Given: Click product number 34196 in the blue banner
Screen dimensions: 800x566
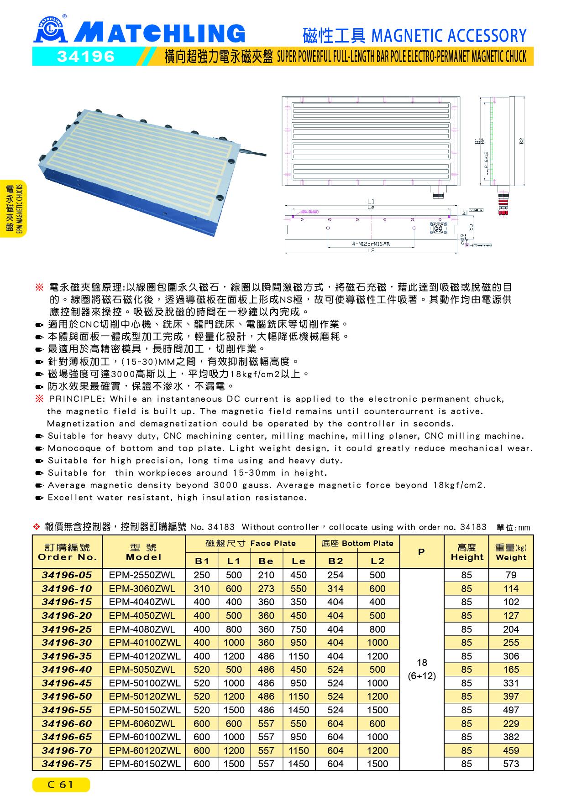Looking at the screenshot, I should [86, 57].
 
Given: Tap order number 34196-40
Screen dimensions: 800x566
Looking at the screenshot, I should [67, 670].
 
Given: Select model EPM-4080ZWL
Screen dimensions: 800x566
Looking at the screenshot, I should [142, 629].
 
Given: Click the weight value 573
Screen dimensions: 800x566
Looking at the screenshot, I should [511, 764].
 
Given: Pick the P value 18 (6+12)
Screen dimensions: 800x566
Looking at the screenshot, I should [421, 669].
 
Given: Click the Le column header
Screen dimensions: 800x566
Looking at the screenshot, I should [298, 561].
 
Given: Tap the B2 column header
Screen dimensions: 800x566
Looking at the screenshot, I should [335, 561].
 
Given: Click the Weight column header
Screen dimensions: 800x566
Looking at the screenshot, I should [511, 552].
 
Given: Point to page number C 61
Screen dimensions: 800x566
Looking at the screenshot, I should [61, 784].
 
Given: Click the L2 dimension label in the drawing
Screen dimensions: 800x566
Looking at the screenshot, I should [371, 250].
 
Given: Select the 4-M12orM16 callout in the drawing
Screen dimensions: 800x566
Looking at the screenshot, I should [371, 244].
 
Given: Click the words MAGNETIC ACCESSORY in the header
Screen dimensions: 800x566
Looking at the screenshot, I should [449, 36].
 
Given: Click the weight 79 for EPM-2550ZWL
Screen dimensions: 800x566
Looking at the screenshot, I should [511, 575].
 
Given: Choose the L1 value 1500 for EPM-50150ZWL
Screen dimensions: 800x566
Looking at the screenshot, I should [234, 710].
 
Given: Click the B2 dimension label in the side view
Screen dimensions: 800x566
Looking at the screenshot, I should [521, 141].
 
